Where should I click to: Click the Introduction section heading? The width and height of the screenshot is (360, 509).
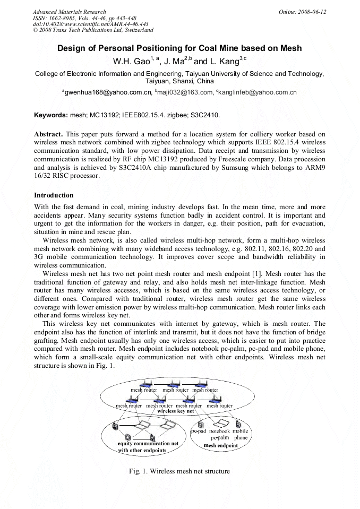click(x=54, y=195)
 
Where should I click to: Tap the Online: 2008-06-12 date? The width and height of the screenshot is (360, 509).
click(x=303, y=12)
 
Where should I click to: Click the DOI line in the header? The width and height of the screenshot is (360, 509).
click(x=90, y=24)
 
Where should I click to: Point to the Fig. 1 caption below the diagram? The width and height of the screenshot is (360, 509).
click(x=179, y=471)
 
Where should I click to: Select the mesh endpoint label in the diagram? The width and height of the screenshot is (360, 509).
click(x=221, y=446)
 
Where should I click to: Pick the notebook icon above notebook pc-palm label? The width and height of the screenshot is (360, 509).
click(x=219, y=424)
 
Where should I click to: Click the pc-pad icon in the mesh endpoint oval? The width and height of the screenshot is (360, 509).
click(x=200, y=424)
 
